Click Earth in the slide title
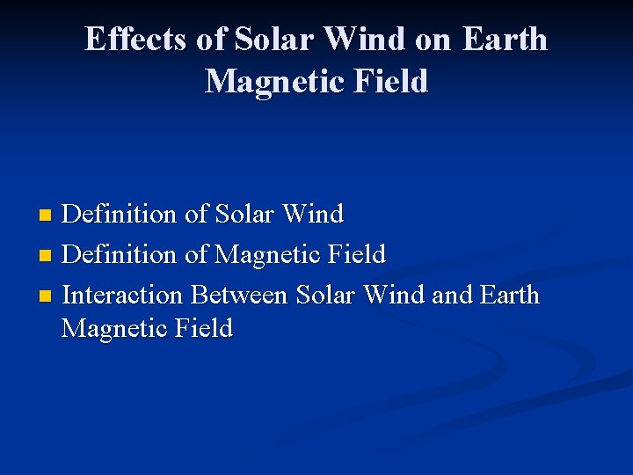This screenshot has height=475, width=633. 504,40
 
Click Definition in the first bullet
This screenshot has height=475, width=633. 120,214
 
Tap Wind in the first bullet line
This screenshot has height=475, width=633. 317,214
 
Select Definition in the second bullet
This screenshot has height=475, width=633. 120,254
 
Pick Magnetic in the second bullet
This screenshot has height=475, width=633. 269,254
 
